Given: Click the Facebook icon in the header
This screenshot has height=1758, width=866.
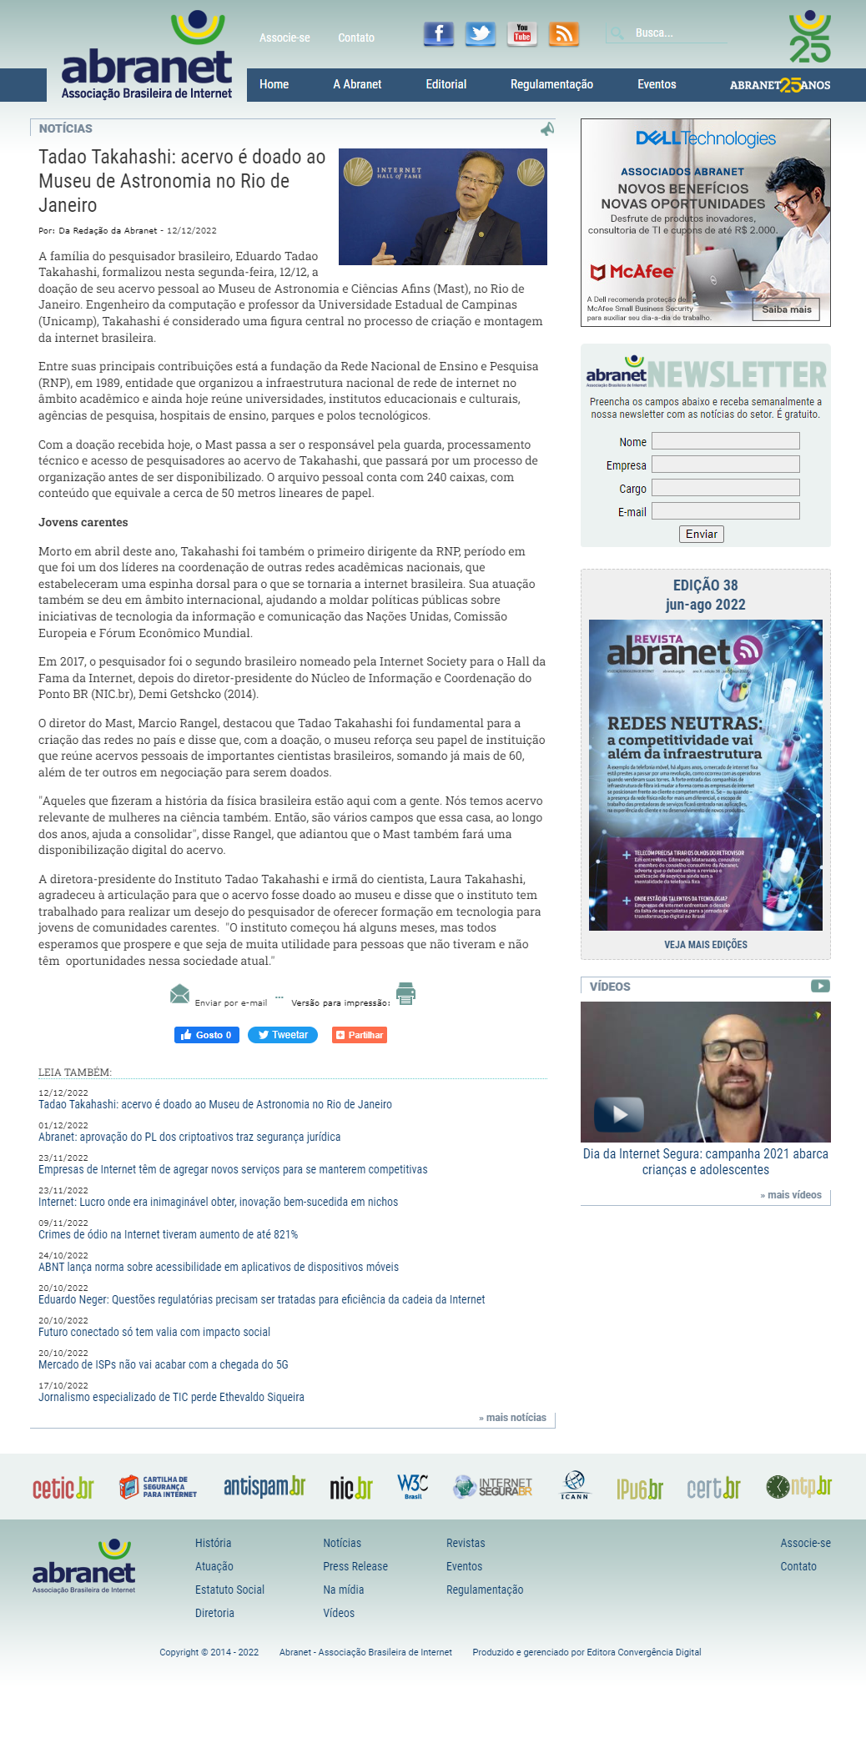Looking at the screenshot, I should [x=439, y=33].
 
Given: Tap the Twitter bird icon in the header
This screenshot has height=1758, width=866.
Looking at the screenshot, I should [x=480, y=33].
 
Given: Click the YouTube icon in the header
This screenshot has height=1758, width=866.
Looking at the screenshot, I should [x=522, y=33].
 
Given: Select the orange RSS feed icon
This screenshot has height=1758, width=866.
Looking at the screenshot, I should [x=564, y=33].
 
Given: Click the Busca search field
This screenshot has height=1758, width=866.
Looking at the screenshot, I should [x=676, y=33].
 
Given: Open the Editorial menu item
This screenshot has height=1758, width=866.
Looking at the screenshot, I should [x=446, y=84].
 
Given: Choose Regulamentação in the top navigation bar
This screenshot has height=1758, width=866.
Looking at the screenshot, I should [x=551, y=84].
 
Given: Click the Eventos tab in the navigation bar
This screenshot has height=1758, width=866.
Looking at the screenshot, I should [x=657, y=84].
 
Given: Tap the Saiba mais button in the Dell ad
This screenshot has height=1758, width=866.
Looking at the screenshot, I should [x=786, y=309].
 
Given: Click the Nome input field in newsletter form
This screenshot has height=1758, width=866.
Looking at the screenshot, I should [x=725, y=441].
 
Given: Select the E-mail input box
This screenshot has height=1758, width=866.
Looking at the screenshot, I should [x=725, y=511].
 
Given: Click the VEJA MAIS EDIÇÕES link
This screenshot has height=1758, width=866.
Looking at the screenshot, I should [x=706, y=945].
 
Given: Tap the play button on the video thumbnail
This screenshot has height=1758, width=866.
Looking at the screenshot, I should [x=619, y=1114].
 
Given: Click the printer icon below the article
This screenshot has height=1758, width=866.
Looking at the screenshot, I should [x=405, y=993].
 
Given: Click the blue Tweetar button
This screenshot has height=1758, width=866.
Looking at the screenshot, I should [x=283, y=1035].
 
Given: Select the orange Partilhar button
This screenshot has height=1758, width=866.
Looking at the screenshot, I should [x=360, y=1035].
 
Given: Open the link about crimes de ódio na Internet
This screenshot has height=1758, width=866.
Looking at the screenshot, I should [x=168, y=1234].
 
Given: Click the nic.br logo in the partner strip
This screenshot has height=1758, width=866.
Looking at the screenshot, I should [x=350, y=1487].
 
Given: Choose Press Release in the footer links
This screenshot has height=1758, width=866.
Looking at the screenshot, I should [x=355, y=1566].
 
